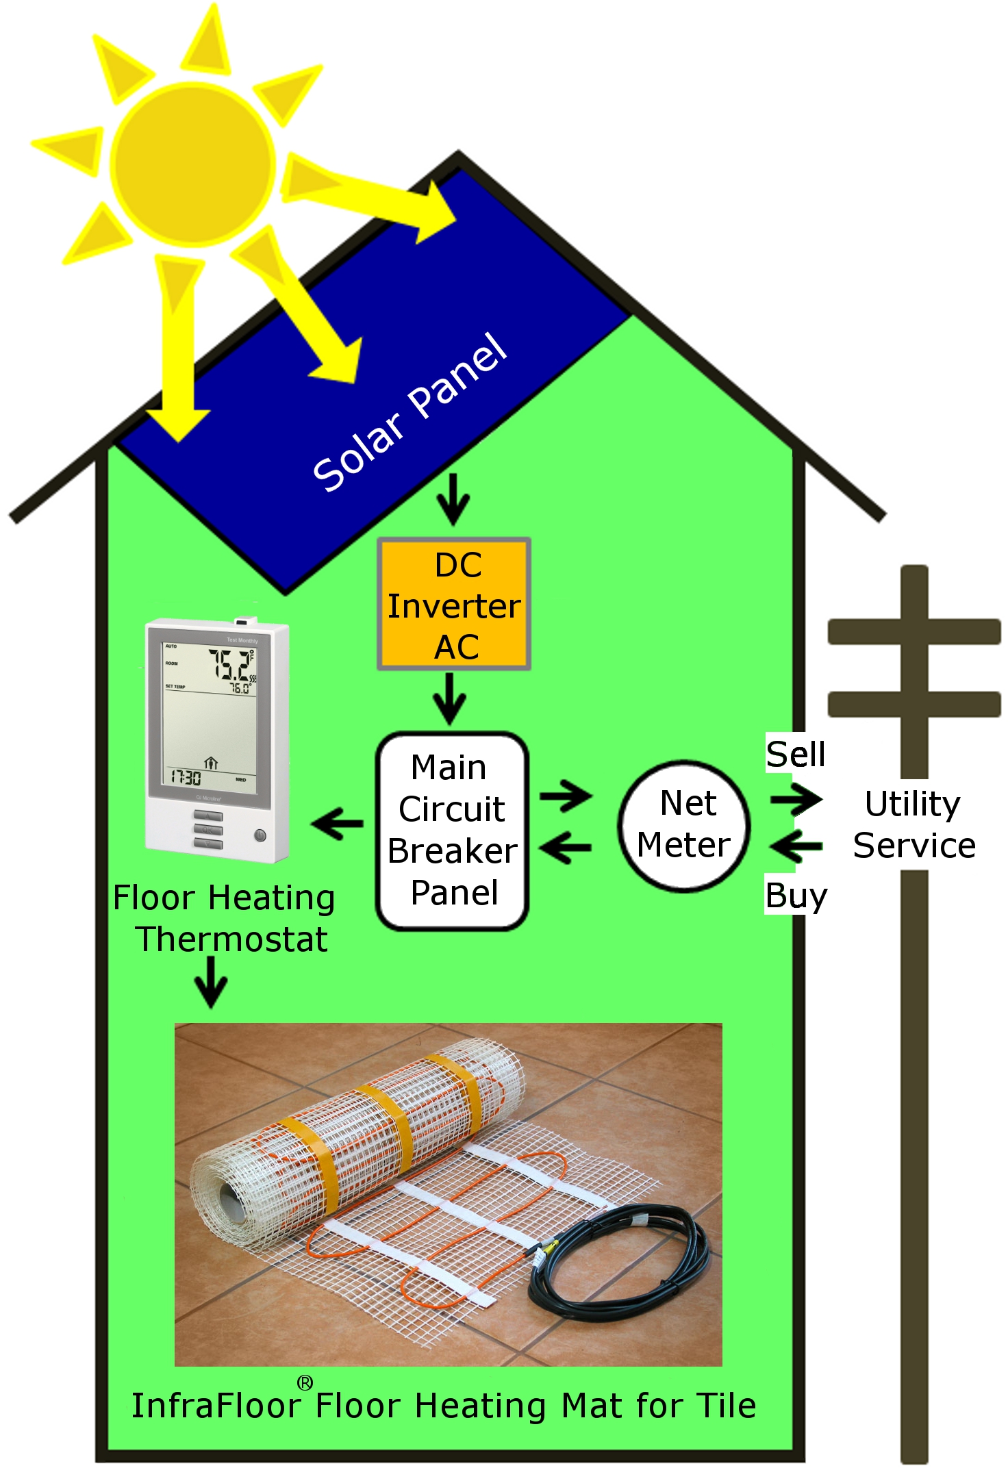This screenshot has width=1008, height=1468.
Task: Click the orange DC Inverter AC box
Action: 454,605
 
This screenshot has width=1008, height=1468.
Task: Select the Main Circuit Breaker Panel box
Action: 452,831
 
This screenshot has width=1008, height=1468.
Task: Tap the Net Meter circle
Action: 683,825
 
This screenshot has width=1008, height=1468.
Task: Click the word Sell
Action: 795,754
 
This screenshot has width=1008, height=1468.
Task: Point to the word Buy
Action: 796,895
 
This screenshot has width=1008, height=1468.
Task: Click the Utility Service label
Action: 914,824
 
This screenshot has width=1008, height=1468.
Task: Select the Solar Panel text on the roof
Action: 409,412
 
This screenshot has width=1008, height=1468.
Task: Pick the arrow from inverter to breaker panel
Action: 449,698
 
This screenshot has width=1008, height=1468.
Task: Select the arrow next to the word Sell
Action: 796,799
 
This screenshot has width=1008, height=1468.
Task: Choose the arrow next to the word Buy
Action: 796,847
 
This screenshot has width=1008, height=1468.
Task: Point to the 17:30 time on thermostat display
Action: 186,777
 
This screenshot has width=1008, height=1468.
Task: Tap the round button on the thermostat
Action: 260,835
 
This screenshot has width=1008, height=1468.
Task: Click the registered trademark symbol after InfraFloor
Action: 305,1382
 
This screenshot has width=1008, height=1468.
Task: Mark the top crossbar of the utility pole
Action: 914,631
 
